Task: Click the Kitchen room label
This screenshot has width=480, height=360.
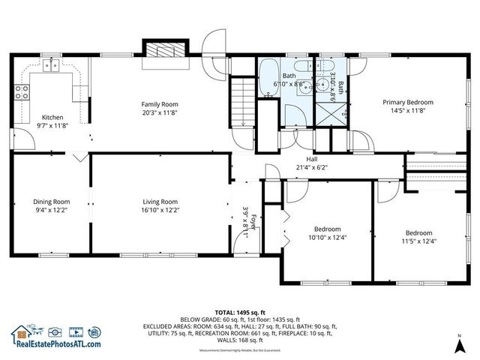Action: pos(52,117)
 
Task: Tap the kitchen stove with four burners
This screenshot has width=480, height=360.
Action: pos(22,94)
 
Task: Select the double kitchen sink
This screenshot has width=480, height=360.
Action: pos(52,66)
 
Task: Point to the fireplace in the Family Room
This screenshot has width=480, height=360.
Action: pos(162,51)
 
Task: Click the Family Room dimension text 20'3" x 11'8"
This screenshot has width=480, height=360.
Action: pos(159,112)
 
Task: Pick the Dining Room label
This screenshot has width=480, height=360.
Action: pos(51,201)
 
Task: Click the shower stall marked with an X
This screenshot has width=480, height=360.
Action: pos(328,113)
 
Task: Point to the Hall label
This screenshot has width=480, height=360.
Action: pos(311,159)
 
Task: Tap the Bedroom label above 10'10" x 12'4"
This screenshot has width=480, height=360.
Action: pos(327,229)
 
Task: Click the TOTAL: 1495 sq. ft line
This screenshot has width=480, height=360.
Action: pos(240,310)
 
